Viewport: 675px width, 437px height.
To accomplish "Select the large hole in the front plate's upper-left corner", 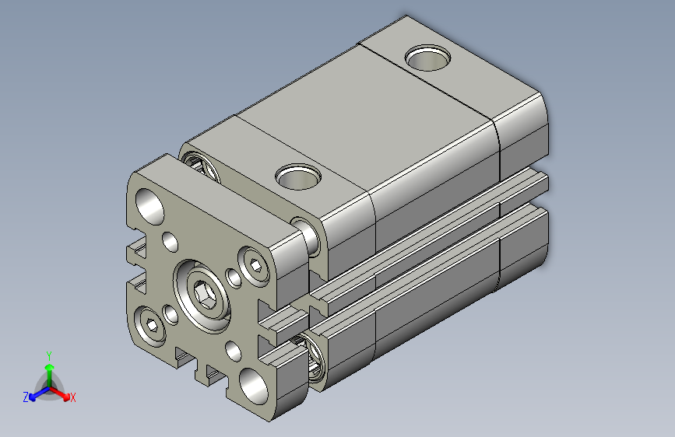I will [149, 205].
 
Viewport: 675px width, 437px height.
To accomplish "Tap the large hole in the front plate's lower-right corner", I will [254, 384].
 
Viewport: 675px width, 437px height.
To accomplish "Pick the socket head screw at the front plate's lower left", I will [149, 327].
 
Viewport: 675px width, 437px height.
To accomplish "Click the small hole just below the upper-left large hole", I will [170, 241].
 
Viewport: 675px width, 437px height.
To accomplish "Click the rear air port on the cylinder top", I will [428, 58].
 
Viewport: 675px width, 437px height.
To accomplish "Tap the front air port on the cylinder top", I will [297, 177].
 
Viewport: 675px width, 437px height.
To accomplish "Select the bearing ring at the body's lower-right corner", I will [315, 360].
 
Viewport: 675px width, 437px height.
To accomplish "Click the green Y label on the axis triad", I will [48, 354].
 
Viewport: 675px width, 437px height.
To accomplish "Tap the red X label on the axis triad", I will [73, 398].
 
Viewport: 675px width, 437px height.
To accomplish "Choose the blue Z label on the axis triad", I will [26, 397].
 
